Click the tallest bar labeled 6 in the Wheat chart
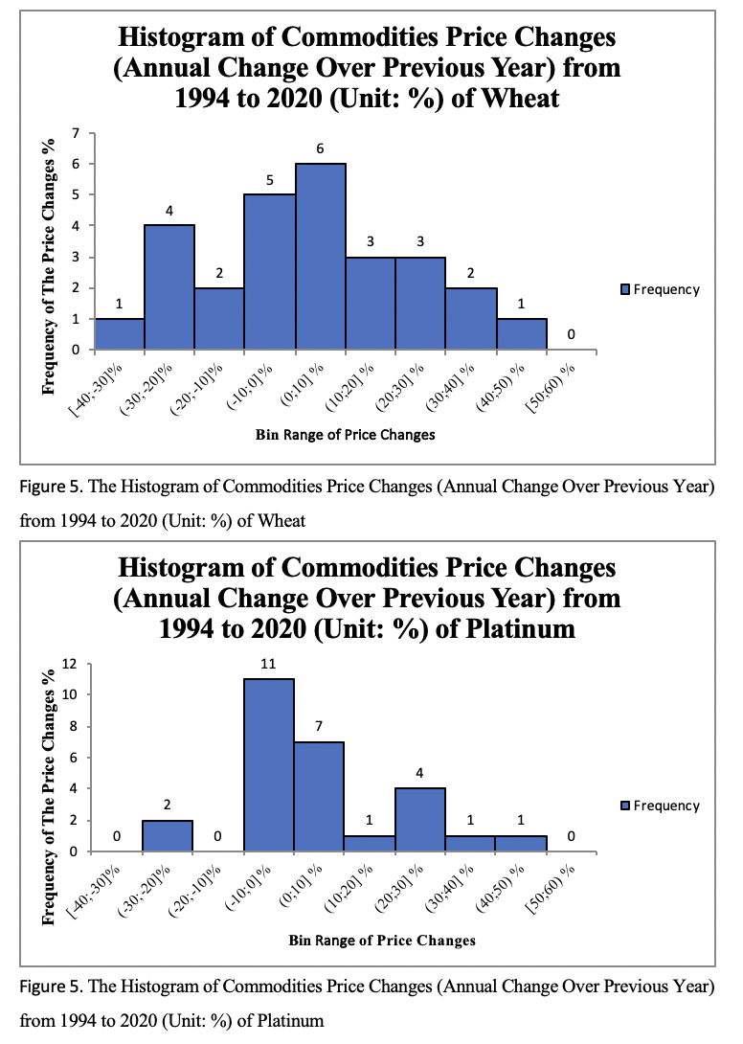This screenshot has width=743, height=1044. pos(321,256)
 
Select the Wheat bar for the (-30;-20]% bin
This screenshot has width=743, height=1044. pos(169,287)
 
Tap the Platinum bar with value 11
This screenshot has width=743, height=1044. pos(269,764)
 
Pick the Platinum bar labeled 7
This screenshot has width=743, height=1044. pos(319,796)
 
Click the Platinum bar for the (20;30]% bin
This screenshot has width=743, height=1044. pos(419,820)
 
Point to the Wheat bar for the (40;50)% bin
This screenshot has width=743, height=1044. pos(521,334)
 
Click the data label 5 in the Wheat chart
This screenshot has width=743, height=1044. pos(270,179)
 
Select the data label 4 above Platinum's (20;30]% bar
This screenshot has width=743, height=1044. pos(419,772)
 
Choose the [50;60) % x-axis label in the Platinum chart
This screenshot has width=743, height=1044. pos(552,886)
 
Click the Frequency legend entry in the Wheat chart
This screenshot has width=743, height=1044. pos(661,289)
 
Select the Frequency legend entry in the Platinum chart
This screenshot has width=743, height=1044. pos(661,806)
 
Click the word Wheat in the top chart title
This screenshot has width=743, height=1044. pos(522,99)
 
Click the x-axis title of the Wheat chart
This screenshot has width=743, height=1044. pos(345,435)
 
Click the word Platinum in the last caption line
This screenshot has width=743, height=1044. pos(291,1021)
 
